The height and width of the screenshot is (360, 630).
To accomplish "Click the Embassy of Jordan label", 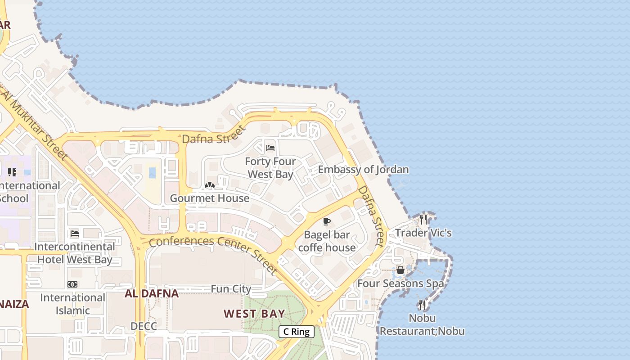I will pyautogui.click(x=363, y=170).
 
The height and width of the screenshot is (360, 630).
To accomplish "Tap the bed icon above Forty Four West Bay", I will pyautogui.click(x=270, y=148).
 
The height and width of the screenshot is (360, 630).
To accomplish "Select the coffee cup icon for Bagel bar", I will pyautogui.click(x=327, y=221).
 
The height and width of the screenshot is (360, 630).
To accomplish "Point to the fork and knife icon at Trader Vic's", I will pyautogui.click(x=423, y=220).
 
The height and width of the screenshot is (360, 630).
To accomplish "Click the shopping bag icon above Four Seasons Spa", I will pyautogui.click(x=400, y=270).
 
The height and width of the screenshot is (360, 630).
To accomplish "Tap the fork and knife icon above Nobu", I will pyautogui.click(x=422, y=305).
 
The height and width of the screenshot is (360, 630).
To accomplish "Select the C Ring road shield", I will pyautogui.click(x=297, y=332).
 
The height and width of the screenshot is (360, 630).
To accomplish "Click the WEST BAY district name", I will pyautogui.click(x=254, y=314).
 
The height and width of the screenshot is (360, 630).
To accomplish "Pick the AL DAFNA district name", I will pyautogui.click(x=152, y=294).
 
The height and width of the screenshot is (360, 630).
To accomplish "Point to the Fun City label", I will pyautogui.click(x=231, y=289).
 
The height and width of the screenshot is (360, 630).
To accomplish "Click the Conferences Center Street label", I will pyautogui.click(x=213, y=252).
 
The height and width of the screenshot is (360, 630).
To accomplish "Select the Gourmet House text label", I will pyautogui.click(x=209, y=198).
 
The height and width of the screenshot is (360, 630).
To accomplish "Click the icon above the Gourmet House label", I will pyautogui.click(x=209, y=185).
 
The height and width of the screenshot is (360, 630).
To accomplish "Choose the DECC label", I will pyautogui.click(x=144, y=326).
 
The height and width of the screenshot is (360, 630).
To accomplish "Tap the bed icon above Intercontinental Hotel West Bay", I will pyautogui.click(x=75, y=234).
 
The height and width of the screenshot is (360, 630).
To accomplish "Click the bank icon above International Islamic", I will pyautogui.click(x=72, y=284).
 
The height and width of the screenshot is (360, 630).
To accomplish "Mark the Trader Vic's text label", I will pyautogui.click(x=423, y=233).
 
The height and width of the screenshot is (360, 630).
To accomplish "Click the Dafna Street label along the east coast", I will pyautogui.click(x=372, y=216).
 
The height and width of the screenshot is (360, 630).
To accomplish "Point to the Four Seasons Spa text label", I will pyautogui.click(x=400, y=283).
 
